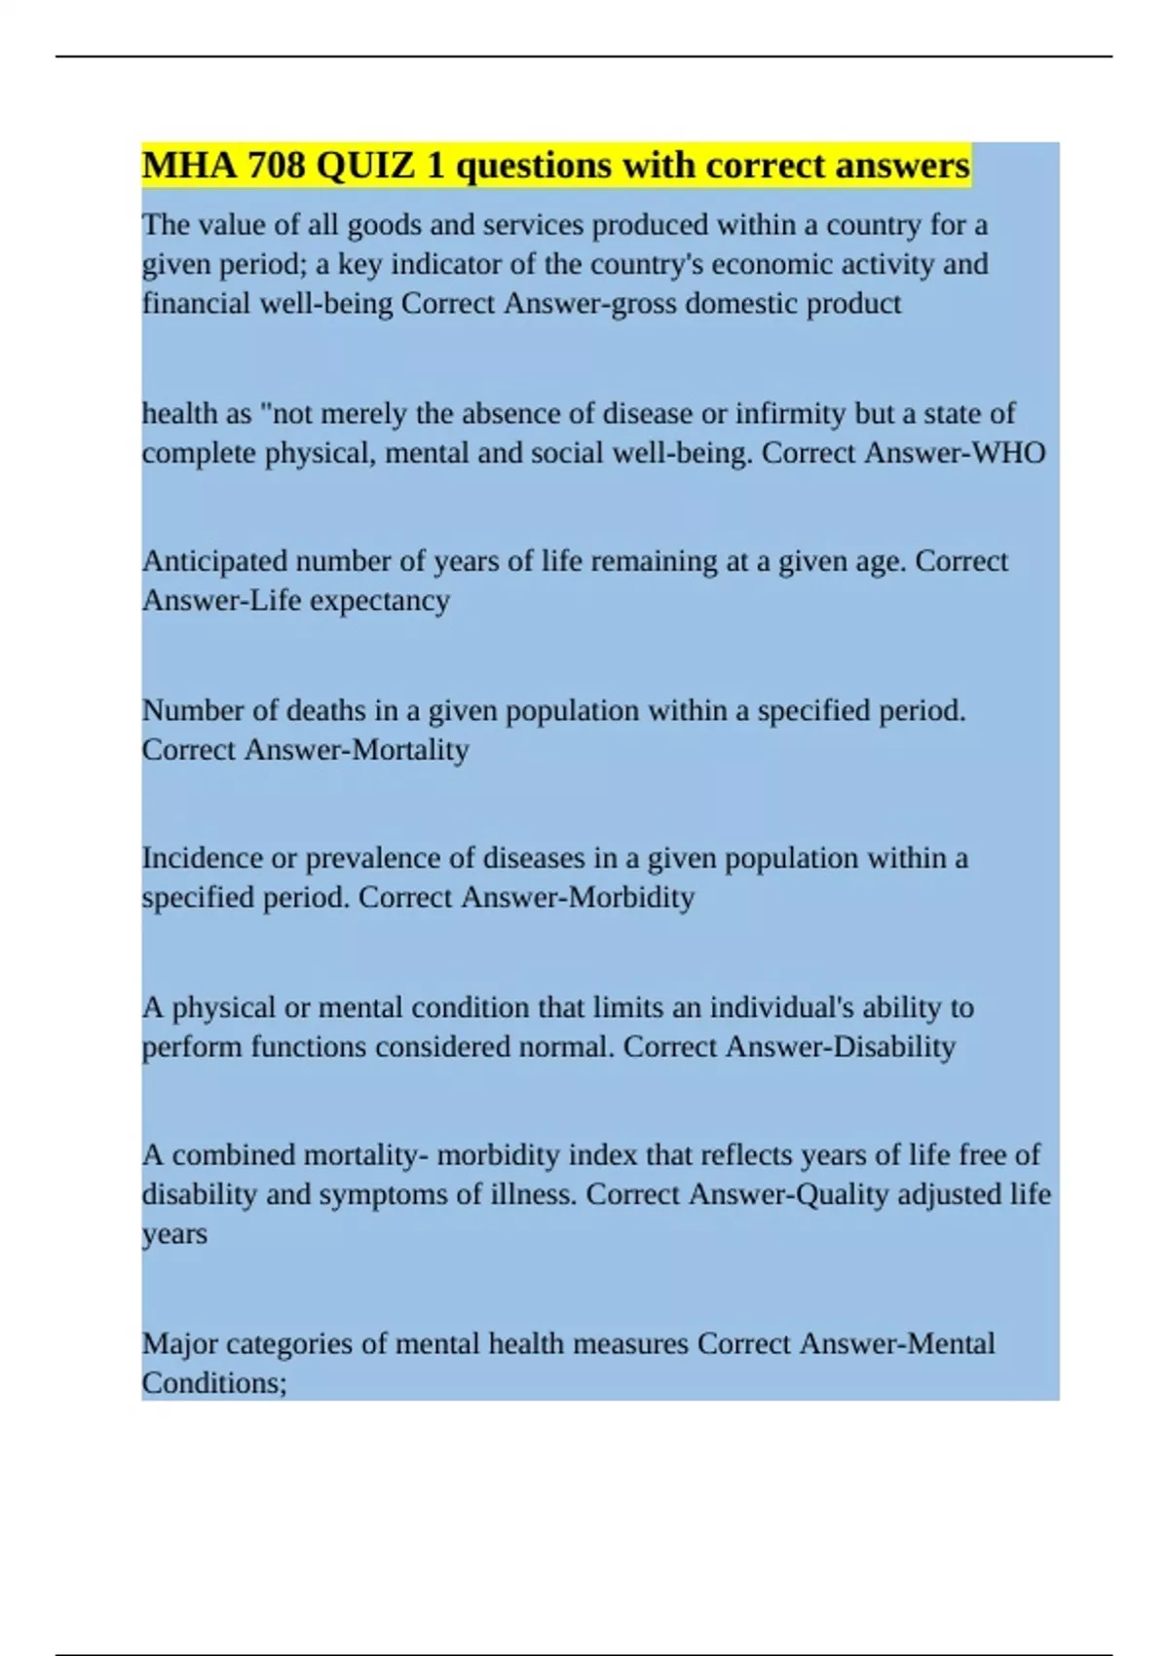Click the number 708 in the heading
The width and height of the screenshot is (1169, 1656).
(x=277, y=166)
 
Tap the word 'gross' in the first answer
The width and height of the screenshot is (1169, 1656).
(x=643, y=304)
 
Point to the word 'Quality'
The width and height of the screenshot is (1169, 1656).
(x=842, y=1195)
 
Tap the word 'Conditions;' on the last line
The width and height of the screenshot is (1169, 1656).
(x=214, y=1383)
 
